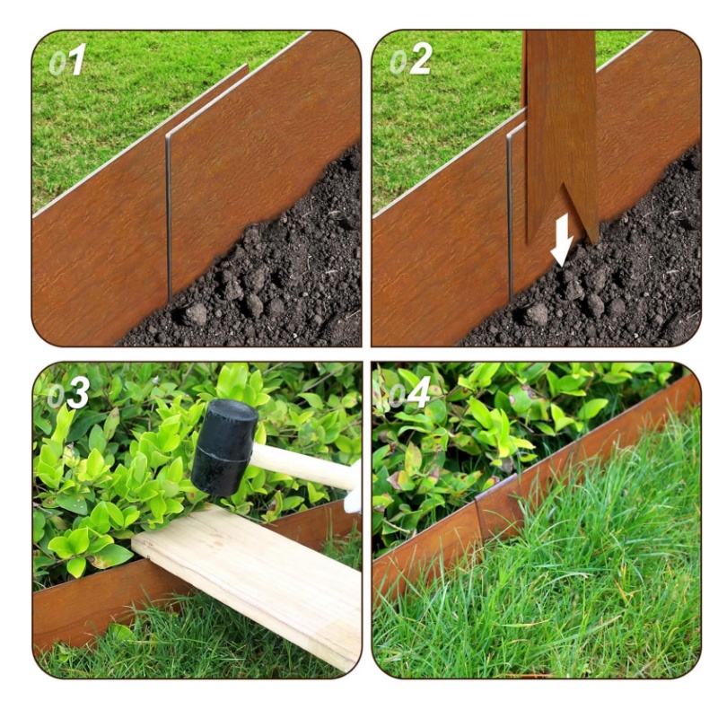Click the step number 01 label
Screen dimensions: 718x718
67,59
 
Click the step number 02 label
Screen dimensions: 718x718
410,58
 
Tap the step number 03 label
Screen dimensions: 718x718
68,393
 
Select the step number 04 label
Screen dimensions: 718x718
409,392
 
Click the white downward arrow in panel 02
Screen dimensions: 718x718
562,241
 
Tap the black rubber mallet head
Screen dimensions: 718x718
224,447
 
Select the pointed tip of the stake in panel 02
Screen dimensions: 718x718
593,241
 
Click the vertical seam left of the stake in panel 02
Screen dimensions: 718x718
509,215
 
